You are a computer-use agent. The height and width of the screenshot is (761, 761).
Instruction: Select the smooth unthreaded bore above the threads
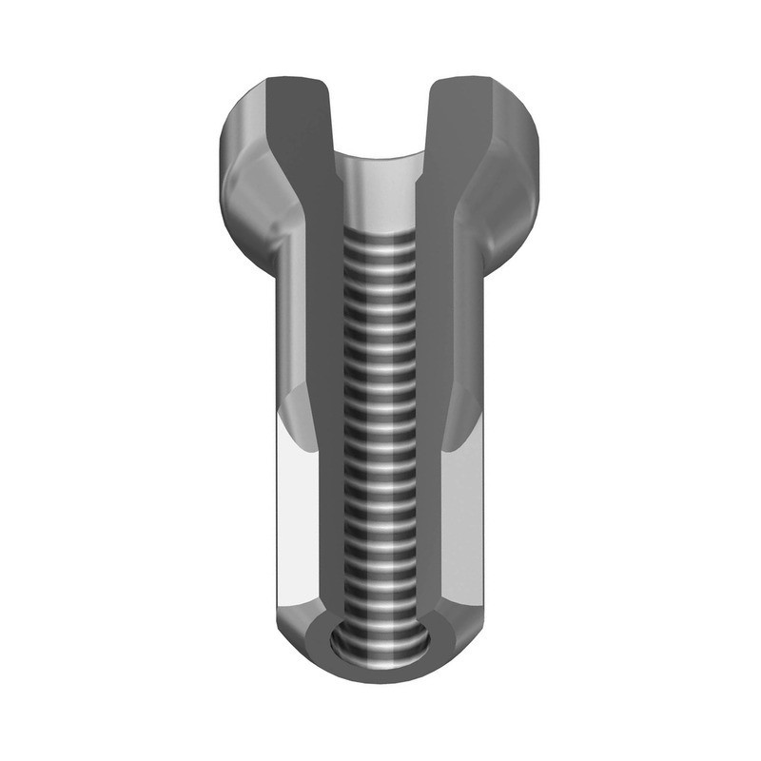[380, 195]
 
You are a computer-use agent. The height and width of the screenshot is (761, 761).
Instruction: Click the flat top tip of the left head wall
[298, 81]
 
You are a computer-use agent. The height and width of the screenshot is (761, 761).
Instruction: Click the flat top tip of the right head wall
[462, 81]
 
